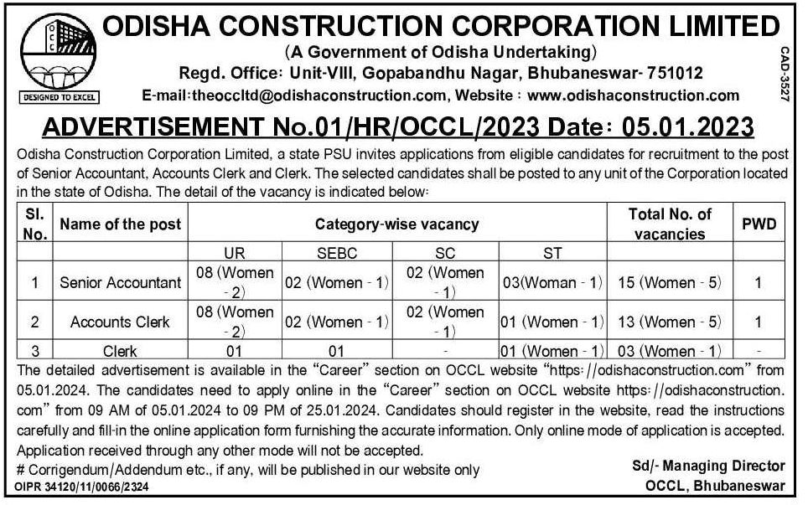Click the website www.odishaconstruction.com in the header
(x=634, y=95)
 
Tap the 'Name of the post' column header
(x=120, y=224)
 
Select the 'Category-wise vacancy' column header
(x=396, y=224)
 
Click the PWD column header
(x=759, y=224)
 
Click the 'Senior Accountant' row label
(x=120, y=283)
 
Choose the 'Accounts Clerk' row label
(x=120, y=322)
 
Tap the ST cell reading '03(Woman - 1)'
(x=552, y=283)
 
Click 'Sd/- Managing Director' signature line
(x=709, y=466)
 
